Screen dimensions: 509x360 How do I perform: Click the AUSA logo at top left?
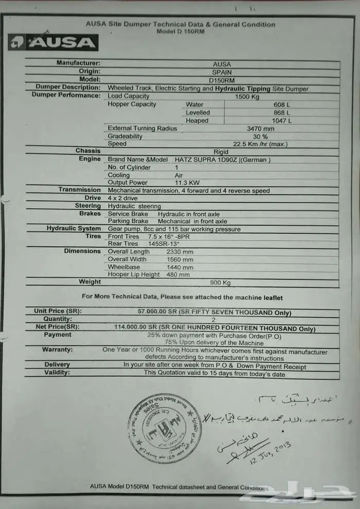(x=53, y=42)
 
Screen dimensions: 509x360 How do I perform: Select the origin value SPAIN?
(x=222, y=73)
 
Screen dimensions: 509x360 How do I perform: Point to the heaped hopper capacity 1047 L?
(x=282, y=121)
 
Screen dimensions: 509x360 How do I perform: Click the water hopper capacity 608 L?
(x=282, y=104)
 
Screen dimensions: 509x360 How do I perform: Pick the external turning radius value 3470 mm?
(x=261, y=129)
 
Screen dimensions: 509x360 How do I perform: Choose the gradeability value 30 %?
(x=261, y=136)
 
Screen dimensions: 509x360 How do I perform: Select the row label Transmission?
(x=79, y=190)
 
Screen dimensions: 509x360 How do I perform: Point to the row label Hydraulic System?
(x=74, y=229)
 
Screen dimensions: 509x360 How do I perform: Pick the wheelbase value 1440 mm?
(x=179, y=267)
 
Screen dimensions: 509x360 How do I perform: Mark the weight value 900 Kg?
(x=220, y=283)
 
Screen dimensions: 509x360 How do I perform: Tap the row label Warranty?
(x=57, y=350)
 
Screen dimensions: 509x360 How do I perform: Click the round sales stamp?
(x=164, y=428)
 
